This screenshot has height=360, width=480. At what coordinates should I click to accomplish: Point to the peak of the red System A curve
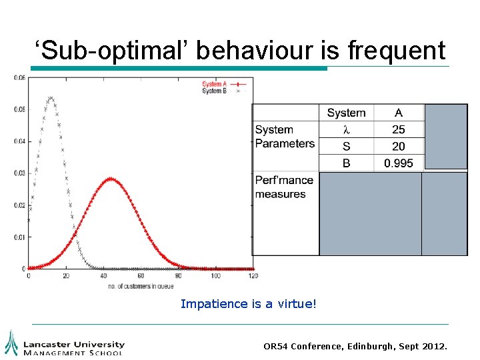[x=111, y=179]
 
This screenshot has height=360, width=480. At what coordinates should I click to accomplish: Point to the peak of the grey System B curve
[x=50, y=98]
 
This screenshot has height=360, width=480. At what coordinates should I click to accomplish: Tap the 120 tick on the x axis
[x=252, y=275]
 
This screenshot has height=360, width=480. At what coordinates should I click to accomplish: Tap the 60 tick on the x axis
[x=140, y=275]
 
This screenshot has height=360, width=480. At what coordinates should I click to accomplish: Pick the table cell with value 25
[x=398, y=129]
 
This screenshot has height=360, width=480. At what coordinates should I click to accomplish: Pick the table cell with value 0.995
[x=398, y=163]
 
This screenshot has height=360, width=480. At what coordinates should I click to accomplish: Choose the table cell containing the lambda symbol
[x=346, y=129]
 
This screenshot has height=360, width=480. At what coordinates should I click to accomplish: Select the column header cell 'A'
[x=398, y=113]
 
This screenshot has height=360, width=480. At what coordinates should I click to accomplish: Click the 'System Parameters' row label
[x=285, y=137]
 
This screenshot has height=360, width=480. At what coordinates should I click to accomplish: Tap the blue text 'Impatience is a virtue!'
[x=249, y=304]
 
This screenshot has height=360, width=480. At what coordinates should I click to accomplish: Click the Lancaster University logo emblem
[x=11, y=343]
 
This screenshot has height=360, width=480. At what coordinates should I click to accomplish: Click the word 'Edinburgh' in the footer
[x=370, y=347]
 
